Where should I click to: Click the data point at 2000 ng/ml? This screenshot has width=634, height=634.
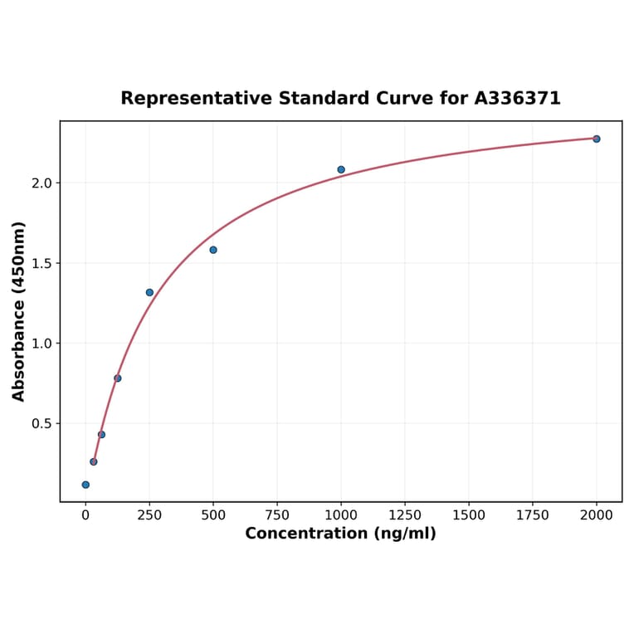[597, 139]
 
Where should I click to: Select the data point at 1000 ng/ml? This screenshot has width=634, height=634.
[341, 169]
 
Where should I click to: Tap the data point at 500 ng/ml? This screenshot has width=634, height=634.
[213, 250]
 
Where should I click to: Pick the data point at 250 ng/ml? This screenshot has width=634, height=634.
[149, 292]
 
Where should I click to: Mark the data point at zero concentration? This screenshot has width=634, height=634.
[85, 485]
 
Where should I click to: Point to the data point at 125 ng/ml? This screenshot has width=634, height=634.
[118, 378]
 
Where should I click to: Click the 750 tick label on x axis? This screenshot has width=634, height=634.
[277, 515]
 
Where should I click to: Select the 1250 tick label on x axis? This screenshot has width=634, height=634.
[405, 515]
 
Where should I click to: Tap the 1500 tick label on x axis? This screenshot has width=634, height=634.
[469, 515]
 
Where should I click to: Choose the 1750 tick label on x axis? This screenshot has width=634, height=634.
[533, 515]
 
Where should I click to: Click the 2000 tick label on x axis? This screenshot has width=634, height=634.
[597, 515]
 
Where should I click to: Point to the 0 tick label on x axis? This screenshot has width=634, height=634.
[85, 515]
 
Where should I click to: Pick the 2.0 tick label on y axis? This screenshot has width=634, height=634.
[40, 183]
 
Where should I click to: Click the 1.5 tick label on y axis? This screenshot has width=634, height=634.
[40, 263]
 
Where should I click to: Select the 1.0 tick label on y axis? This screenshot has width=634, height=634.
[40, 344]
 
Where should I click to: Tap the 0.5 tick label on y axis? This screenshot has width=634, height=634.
[40, 424]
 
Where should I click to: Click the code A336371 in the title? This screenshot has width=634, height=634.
[518, 99]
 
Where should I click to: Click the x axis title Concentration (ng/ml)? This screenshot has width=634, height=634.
[340, 534]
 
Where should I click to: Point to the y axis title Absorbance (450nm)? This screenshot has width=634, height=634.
[19, 311]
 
